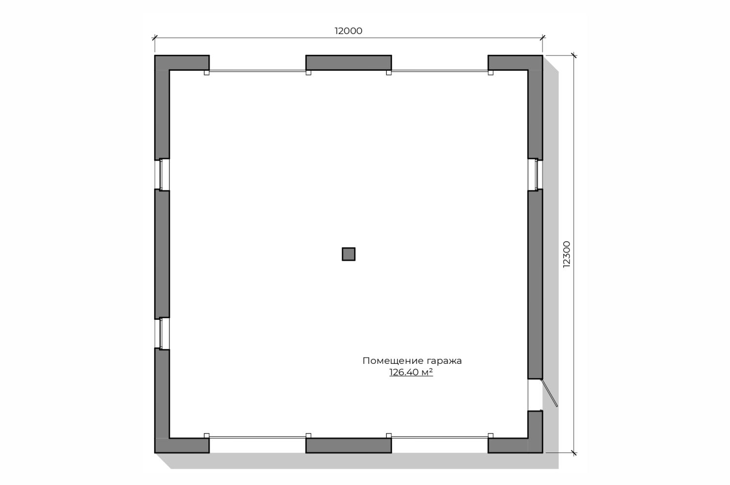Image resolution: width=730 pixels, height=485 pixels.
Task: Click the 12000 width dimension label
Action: click(349, 31)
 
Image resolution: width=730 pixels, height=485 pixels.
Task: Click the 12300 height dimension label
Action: click(567, 254)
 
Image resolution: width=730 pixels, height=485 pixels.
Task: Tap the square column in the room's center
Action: click(349, 254)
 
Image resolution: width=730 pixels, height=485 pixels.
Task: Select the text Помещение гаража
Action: click(412, 361)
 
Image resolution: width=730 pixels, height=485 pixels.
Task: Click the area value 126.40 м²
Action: click(411, 372)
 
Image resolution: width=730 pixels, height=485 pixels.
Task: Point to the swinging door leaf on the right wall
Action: click(550, 393)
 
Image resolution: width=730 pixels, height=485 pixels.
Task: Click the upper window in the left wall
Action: click(161, 174)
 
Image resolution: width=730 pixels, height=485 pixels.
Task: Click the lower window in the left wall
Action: click(161, 333)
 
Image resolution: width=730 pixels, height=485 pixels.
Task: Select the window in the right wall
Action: click(535, 174)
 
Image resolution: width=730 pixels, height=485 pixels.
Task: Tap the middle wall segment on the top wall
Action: click(349, 63)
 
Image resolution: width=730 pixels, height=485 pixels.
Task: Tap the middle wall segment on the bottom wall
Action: click(349, 445)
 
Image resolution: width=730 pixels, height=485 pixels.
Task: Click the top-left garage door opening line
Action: click(257, 71)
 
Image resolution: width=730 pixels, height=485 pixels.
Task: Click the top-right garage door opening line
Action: click(440, 71)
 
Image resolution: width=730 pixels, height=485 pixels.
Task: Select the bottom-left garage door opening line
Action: click(257, 437)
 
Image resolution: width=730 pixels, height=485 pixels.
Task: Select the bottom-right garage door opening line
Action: click(440, 437)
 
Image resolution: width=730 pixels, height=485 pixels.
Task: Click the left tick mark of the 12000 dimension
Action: click(155, 38)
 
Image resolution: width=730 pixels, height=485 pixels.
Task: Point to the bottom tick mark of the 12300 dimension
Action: click(574, 453)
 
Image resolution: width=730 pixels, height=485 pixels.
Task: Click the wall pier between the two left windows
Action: click(162, 254)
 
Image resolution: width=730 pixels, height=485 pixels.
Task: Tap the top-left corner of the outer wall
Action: click(155, 55)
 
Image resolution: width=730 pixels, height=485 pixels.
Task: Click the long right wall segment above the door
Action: click(535, 284)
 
